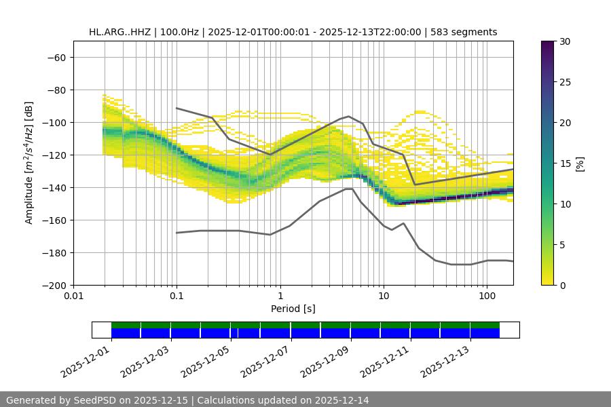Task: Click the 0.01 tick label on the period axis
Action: point(73,296)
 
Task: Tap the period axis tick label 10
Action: point(384,296)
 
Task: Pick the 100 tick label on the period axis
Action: point(487,296)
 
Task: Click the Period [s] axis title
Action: point(293,309)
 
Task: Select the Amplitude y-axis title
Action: point(29,163)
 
